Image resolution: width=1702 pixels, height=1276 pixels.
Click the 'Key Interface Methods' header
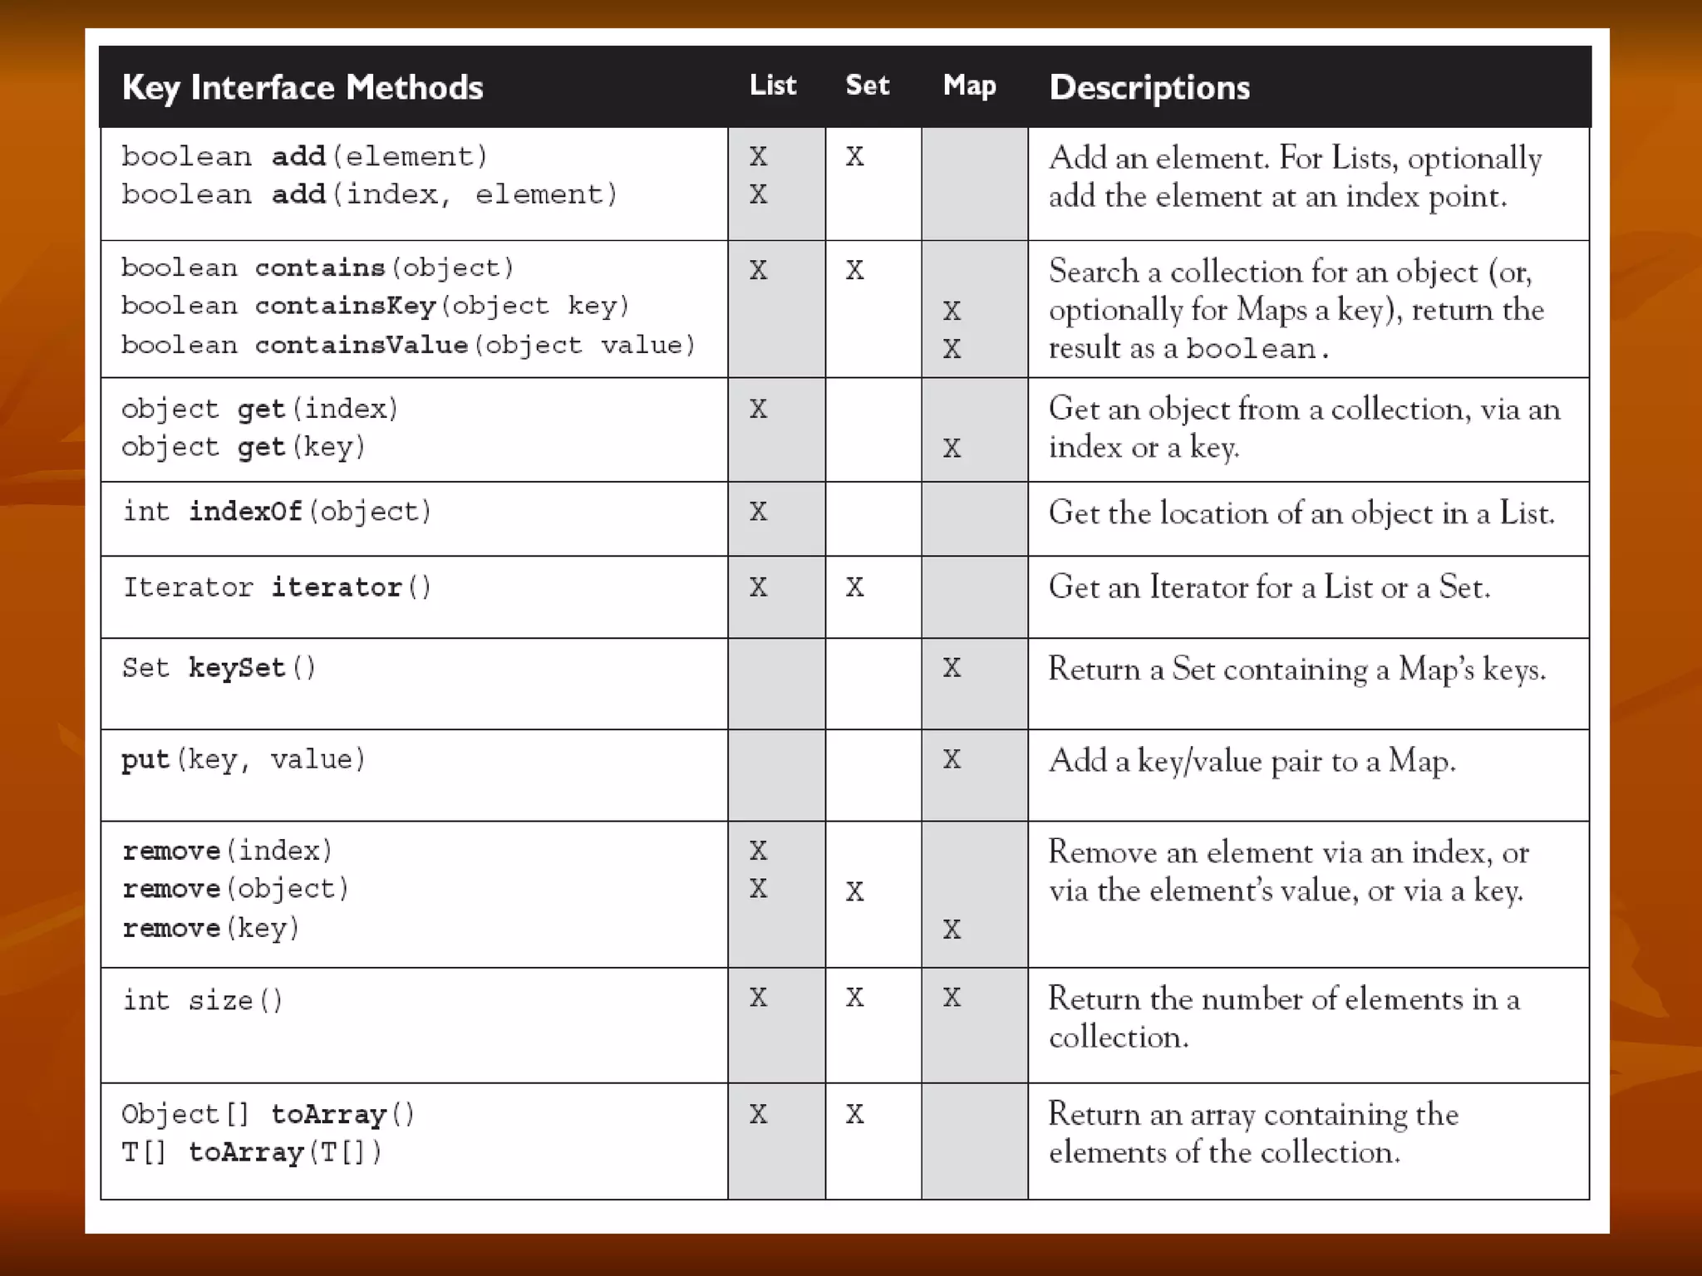(x=302, y=87)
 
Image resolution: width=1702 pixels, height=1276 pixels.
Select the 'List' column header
(x=772, y=85)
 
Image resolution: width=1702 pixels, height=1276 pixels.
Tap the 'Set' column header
(x=867, y=85)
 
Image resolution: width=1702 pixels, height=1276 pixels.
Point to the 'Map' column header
(x=969, y=85)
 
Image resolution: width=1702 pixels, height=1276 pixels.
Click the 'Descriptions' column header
(x=1149, y=87)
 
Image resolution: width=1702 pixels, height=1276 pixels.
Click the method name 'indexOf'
(x=245, y=511)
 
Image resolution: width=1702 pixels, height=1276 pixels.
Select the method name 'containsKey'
(x=345, y=306)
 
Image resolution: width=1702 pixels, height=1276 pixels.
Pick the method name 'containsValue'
(x=362, y=345)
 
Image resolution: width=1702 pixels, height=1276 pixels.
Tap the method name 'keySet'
(x=237, y=668)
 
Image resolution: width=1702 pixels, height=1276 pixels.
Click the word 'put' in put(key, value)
(x=145, y=759)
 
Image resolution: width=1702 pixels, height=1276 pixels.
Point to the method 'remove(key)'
(x=210, y=928)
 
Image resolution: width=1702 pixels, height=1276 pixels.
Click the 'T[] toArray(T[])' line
(x=252, y=1152)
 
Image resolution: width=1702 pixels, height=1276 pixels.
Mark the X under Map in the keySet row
(x=952, y=668)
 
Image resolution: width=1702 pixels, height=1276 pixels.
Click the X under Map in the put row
(x=952, y=759)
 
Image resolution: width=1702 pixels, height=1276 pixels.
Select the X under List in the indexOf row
(x=758, y=511)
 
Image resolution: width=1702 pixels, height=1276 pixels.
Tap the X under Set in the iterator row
(x=854, y=587)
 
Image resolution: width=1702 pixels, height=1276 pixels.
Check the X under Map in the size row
(x=952, y=997)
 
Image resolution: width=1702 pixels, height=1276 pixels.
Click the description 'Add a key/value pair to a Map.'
(x=1252, y=761)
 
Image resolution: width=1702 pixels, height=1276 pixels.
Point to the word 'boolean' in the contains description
(x=1251, y=349)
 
